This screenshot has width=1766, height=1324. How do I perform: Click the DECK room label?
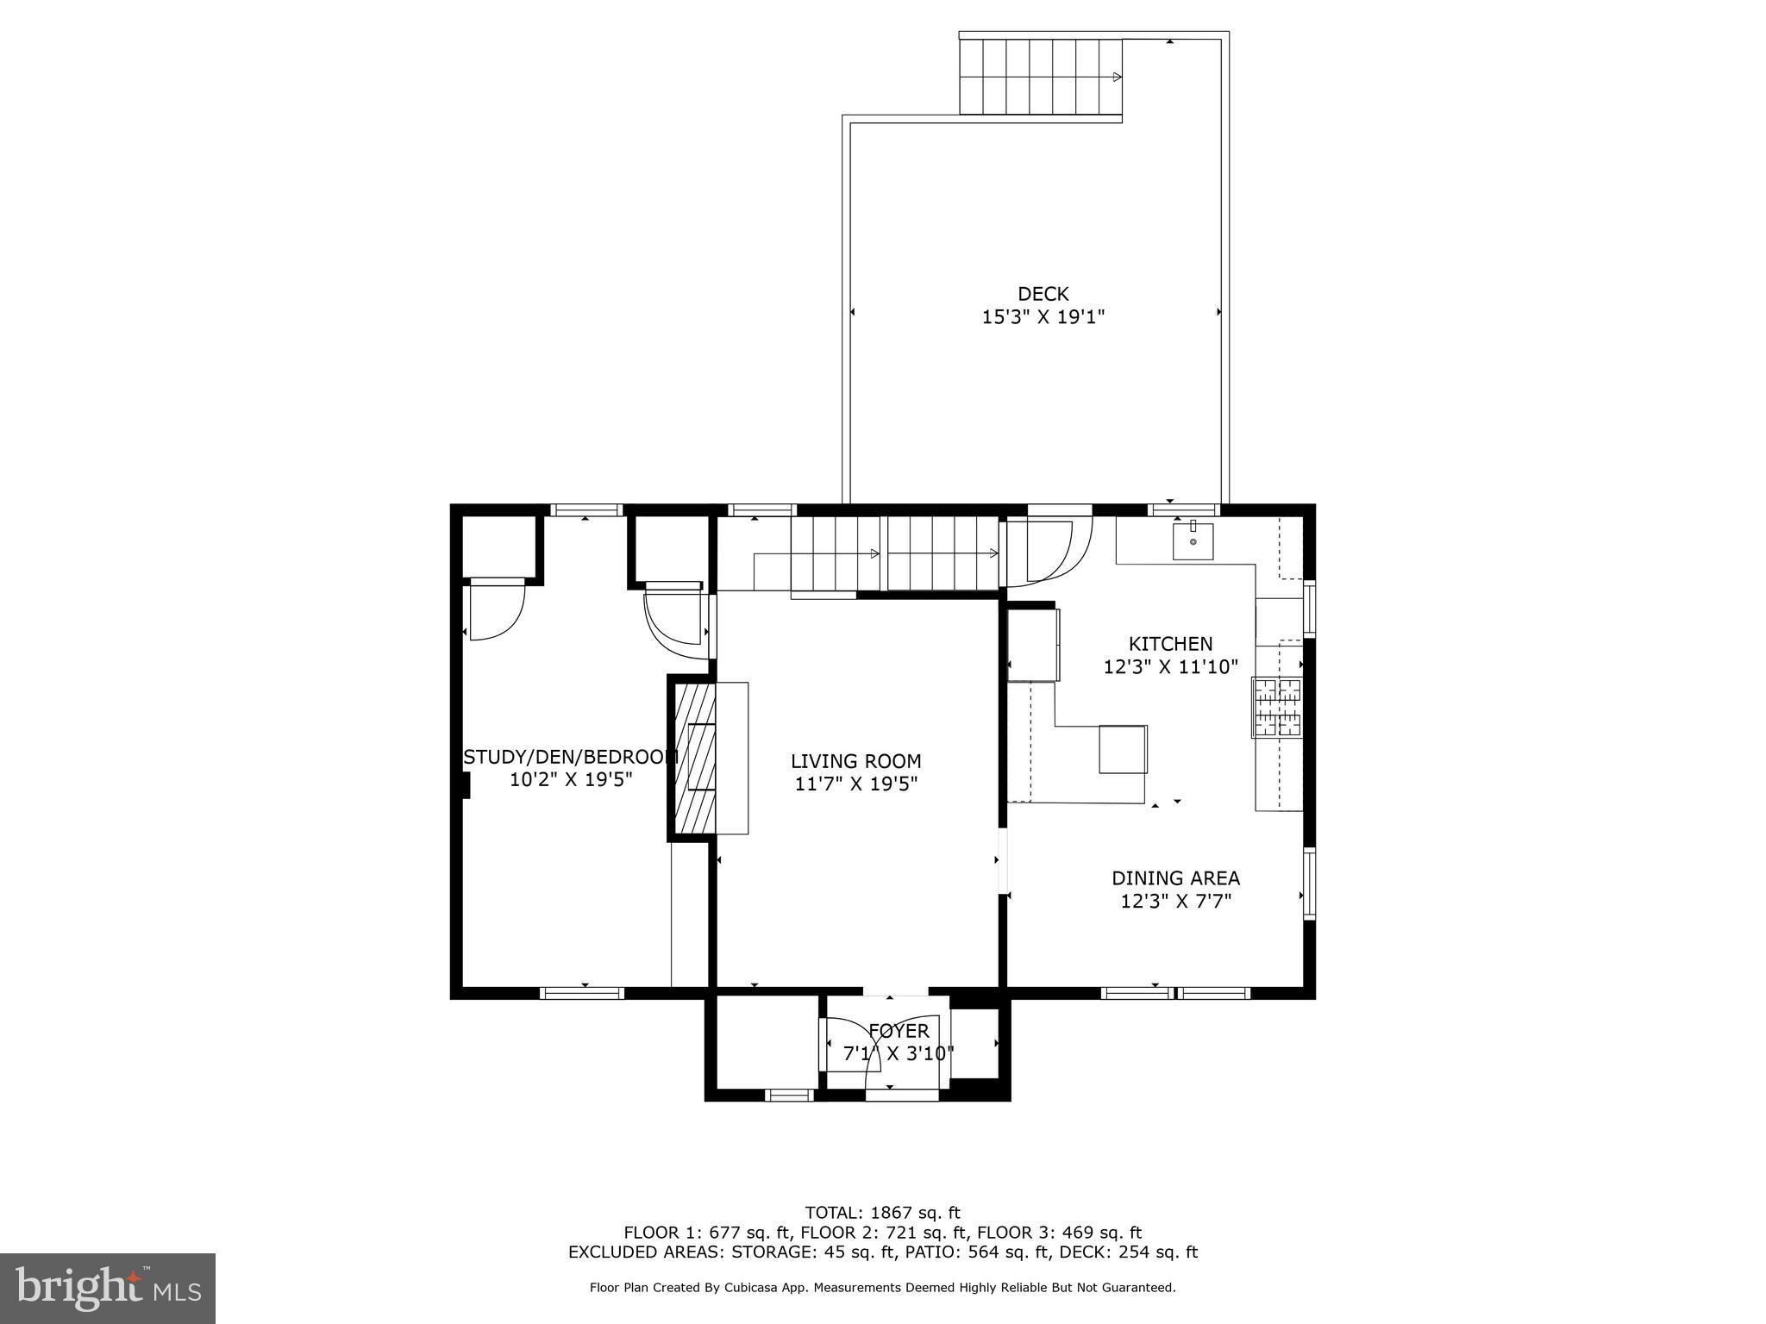(x=1043, y=294)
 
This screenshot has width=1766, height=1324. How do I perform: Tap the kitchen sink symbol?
(x=1193, y=541)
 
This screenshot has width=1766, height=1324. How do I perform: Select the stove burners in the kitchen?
(x=1277, y=708)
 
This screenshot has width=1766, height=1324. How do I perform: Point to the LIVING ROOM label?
(x=855, y=761)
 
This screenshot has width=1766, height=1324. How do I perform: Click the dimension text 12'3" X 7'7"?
(x=1175, y=902)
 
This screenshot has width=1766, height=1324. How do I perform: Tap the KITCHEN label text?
(x=1170, y=644)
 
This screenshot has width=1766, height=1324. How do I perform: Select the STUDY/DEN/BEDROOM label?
(x=571, y=757)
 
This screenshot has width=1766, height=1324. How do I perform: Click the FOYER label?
(x=899, y=1031)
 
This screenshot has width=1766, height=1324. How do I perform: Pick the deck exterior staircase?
(x=1041, y=77)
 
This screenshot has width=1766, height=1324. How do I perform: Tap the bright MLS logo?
(x=107, y=1288)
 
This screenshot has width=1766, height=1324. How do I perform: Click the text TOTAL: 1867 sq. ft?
(x=882, y=1213)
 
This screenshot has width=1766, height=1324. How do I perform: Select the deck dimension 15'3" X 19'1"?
(x=1043, y=317)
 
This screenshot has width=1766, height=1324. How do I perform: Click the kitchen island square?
(x=1123, y=749)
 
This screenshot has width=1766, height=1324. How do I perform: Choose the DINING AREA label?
(x=1175, y=878)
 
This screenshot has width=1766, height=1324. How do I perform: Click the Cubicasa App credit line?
(x=882, y=1288)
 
